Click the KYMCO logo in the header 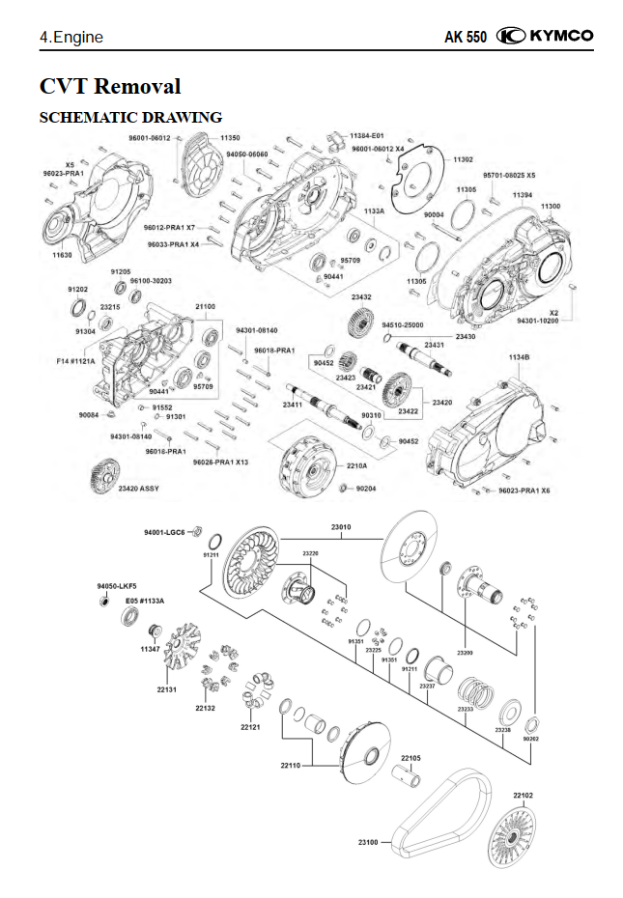pos(546,37)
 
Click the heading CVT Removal pos(110,86)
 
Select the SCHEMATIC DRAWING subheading pos(130,118)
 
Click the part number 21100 pos(205,306)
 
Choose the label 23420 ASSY pos(139,489)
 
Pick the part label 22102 pos(523,795)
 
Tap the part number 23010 pos(341,527)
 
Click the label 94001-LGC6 pos(164,532)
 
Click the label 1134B pos(519,357)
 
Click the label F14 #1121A pos(76,361)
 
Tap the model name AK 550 pos(466,38)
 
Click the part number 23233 pos(466,710)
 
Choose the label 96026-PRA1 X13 pos(220,463)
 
